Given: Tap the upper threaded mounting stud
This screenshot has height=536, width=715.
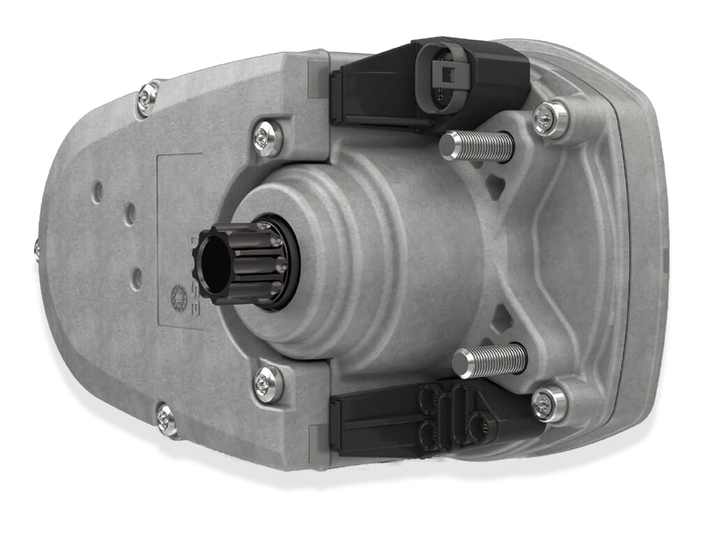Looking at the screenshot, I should point(478,146).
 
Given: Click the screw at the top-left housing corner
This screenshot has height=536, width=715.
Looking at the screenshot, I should point(147,98).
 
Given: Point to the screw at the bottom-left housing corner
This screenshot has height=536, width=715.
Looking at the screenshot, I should point(166,419).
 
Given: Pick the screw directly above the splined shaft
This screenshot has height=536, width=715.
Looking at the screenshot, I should point(267,137).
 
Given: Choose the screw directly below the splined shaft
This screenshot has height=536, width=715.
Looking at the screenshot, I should point(268,383).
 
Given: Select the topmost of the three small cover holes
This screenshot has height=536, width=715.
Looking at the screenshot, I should point(98,190).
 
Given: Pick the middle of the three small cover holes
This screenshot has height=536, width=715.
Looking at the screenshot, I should point(130,214).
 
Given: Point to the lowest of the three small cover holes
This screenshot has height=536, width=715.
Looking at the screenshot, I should point(138,278).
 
